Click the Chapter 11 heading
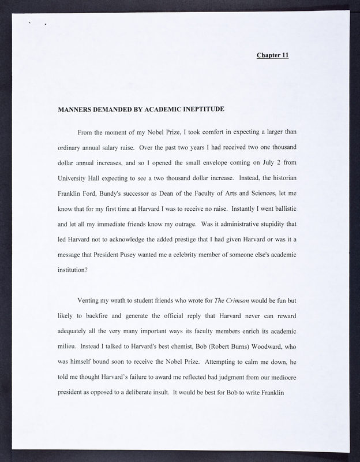[272, 55]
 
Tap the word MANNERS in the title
[77, 109]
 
